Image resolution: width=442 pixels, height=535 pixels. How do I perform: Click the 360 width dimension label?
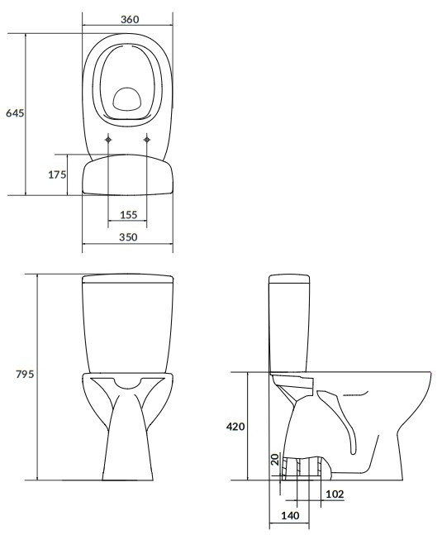pyautogui.click(x=130, y=19)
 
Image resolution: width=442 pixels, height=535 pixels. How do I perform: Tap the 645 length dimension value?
pyautogui.click(x=15, y=112)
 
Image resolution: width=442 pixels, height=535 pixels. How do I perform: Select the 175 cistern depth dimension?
pyautogui.click(x=57, y=174)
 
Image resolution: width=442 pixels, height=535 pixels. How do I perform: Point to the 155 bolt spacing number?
pyautogui.click(x=129, y=215)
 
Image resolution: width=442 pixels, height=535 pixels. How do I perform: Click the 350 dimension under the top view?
pyautogui.click(x=128, y=236)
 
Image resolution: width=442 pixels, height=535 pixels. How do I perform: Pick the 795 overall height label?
pyautogui.click(x=25, y=374)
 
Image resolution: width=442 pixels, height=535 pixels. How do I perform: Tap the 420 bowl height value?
pyautogui.click(x=235, y=426)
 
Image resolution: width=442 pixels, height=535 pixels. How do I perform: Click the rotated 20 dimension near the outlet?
pyautogui.click(x=275, y=459)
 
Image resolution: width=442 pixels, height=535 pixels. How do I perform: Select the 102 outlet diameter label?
pyautogui.click(x=335, y=494)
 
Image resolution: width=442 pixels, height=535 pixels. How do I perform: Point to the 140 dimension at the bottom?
pyautogui.click(x=290, y=515)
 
